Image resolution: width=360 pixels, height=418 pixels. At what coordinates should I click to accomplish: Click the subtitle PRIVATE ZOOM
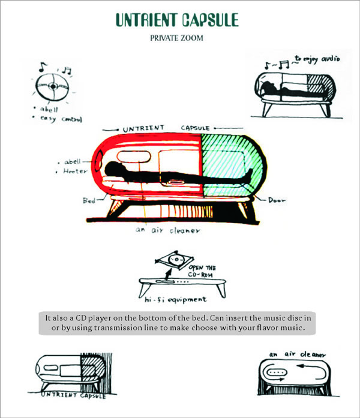(179, 39)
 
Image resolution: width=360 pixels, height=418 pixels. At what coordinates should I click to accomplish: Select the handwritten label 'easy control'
(63, 118)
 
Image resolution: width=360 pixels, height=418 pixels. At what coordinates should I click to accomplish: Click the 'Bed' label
(89, 201)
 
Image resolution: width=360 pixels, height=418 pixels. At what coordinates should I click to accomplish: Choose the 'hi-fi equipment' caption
(176, 299)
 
